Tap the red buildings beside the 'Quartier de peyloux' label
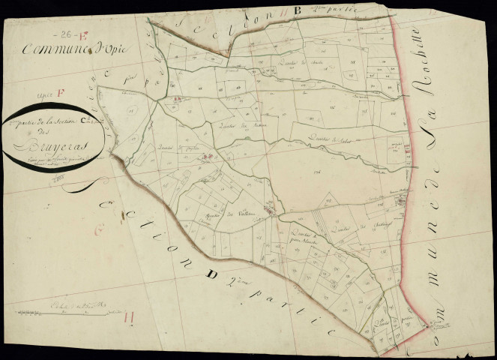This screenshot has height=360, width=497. (209, 157)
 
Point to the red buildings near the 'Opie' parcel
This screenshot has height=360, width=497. (178, 98)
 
